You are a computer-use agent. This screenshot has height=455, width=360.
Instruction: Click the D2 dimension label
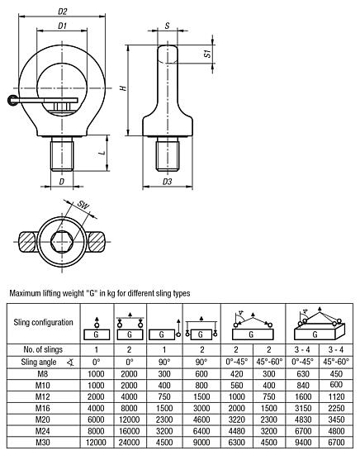click(63, 12)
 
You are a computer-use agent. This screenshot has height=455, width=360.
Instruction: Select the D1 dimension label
click(63, 26)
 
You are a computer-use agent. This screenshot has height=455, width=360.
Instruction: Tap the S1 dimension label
click(208, 54)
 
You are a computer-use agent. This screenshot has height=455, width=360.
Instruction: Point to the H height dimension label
click(124, 88)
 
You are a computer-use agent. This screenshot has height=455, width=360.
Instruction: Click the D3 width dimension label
click(168, 182)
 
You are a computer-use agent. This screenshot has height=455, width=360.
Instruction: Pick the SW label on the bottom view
click(83, 205)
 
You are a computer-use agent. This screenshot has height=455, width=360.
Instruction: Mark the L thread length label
click(102, 152)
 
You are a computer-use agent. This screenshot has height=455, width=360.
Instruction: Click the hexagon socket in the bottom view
click(62, 242)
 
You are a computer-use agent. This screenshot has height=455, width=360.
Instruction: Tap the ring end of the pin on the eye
click(12, 101)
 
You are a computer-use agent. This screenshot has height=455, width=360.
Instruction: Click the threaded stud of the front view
click(62, 154)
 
